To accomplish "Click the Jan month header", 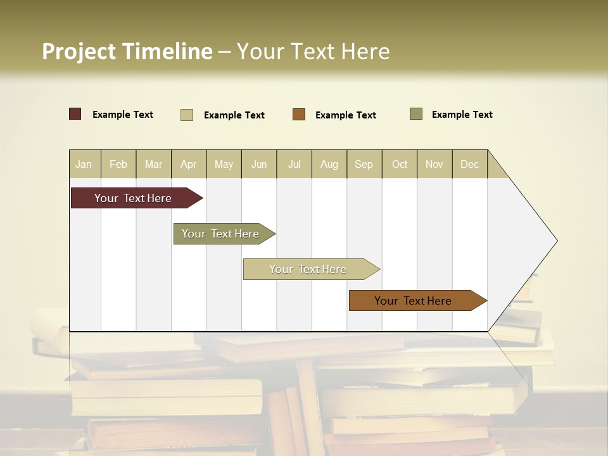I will [84, 164].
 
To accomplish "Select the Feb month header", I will [118, 164].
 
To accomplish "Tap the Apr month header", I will [189, 164].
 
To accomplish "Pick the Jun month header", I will [259, 164].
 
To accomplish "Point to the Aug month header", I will [329, 164].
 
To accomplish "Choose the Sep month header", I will [364, 164].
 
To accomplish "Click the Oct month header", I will [400, 164].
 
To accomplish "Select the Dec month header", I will [470, 164].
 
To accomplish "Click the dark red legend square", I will [75, 114].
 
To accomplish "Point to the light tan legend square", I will [187, 115].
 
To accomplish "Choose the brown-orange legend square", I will [299, 115].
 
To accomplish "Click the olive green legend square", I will [416, 114].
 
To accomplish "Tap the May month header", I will [224, 164].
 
